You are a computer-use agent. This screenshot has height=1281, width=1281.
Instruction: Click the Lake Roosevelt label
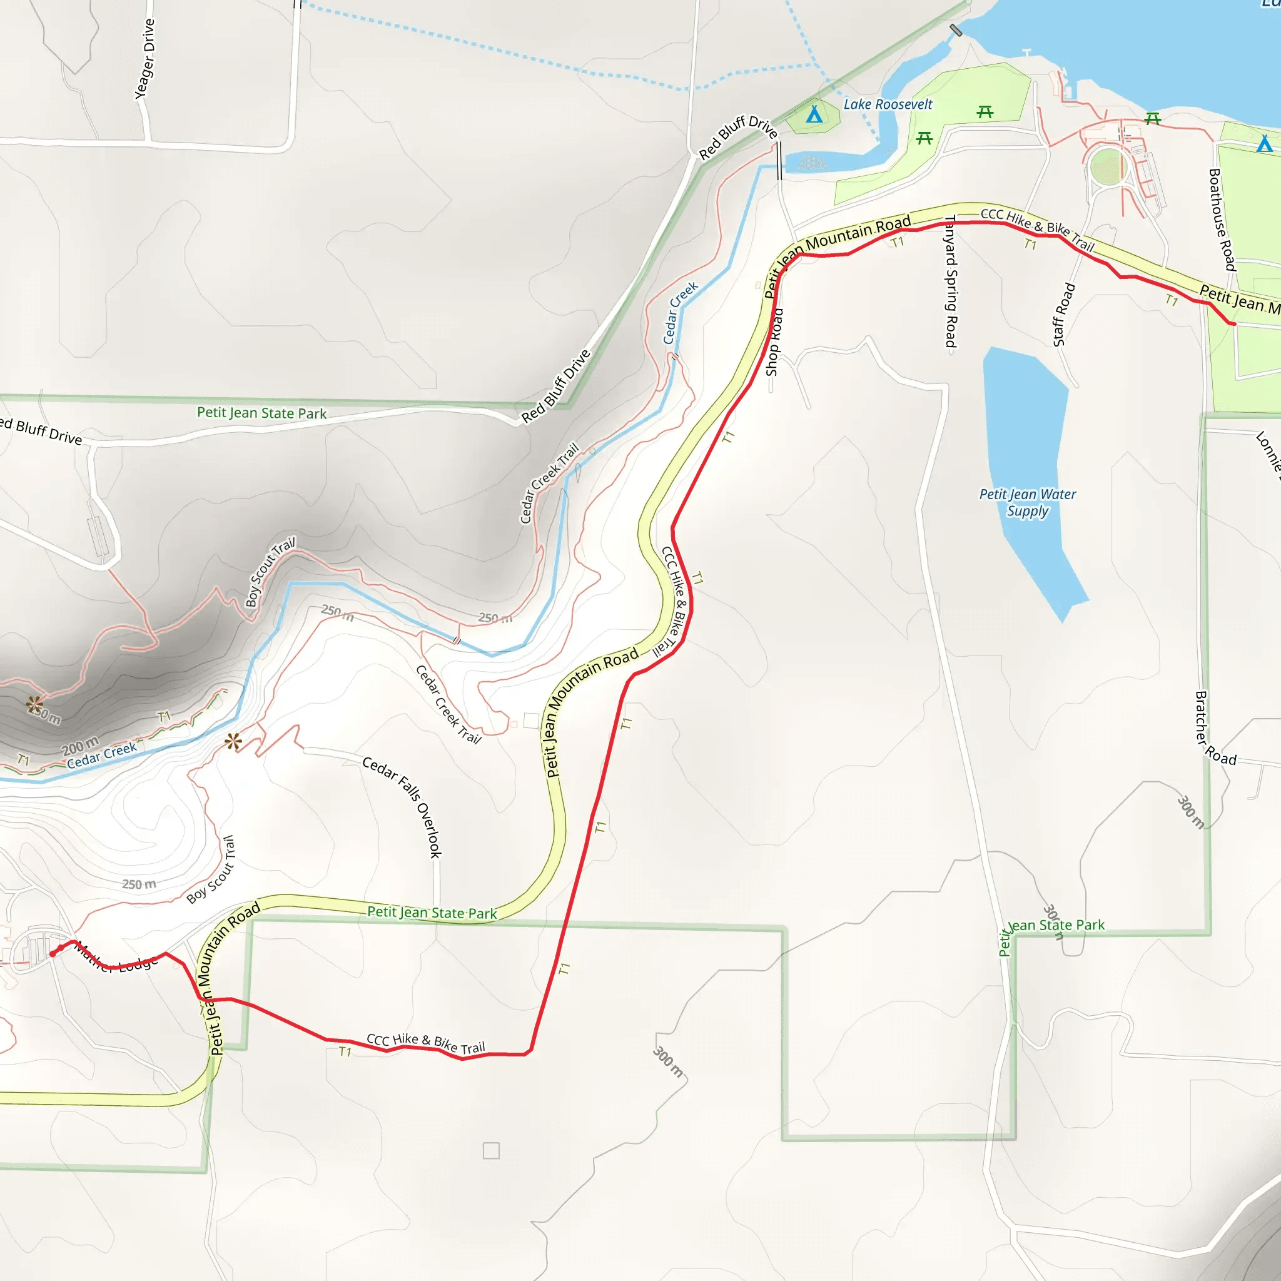(x=887, y=104)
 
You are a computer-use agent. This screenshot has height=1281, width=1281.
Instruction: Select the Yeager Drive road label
(x=144, y=59)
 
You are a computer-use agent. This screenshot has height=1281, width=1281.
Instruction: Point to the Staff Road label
(x=1063, y=314)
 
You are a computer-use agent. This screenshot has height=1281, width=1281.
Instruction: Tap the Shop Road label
(x=773, y=342)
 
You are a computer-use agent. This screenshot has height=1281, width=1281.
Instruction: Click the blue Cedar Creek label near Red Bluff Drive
(x=681, y=313)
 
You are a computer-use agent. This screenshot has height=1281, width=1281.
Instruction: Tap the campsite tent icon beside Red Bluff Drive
(x=814, y=114)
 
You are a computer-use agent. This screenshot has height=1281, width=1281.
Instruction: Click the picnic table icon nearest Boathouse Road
(x=1153, y=119)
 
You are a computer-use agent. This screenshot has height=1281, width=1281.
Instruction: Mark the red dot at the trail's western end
(x=53, y=953)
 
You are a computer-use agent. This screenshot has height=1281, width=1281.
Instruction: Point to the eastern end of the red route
(x=1233, y=323)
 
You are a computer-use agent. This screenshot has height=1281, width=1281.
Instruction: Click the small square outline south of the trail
(x=491, y=1150)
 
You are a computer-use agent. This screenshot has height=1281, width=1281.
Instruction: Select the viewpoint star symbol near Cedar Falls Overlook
(x=233, y=741)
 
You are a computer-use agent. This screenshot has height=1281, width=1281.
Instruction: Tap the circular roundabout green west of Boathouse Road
(x=1106, y=166)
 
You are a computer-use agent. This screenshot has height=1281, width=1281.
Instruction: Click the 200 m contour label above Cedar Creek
(x=80, y=746)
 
